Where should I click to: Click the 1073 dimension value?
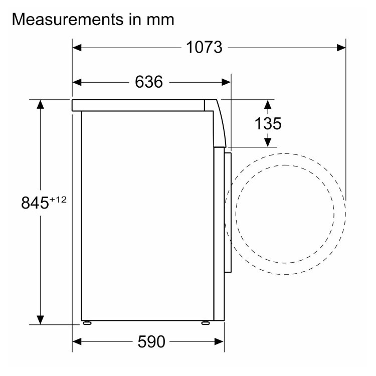coord(204,47)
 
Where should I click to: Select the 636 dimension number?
coord(149,82)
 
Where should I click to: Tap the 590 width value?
coord(151,341)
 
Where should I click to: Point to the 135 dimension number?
coord(268,124)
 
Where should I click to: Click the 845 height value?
coord(35,203)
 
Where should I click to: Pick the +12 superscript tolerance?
coord(58,200)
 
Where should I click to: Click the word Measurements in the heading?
coord(68,19)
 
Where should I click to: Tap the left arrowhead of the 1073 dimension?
coord(77,48)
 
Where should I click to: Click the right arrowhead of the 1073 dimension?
coord(341,48)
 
